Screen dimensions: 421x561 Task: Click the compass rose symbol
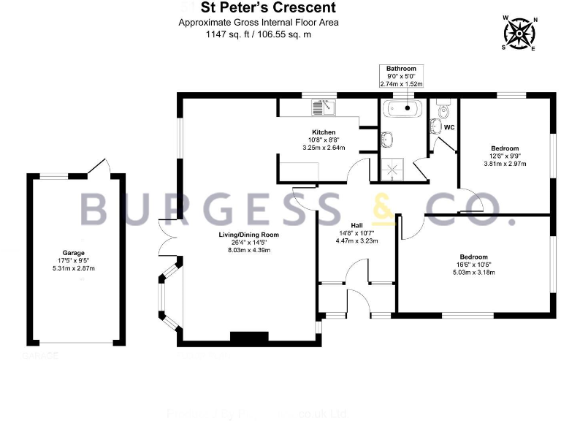tap(519, 33)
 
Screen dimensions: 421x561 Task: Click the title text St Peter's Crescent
tap(259, 8)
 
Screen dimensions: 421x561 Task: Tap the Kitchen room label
tap(323, 132)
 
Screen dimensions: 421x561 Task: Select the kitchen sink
tap(323, 107)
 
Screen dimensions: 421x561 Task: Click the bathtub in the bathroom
tap(402, 109)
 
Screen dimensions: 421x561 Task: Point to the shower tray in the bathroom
tap(395, 170)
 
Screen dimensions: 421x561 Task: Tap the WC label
tap(450, 128)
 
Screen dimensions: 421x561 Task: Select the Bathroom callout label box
tap(401, 76)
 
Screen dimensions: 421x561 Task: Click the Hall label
tap(356, 225)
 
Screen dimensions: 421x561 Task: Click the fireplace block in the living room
tap(254, 338)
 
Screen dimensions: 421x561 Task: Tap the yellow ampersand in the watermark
tap(383, 209)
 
